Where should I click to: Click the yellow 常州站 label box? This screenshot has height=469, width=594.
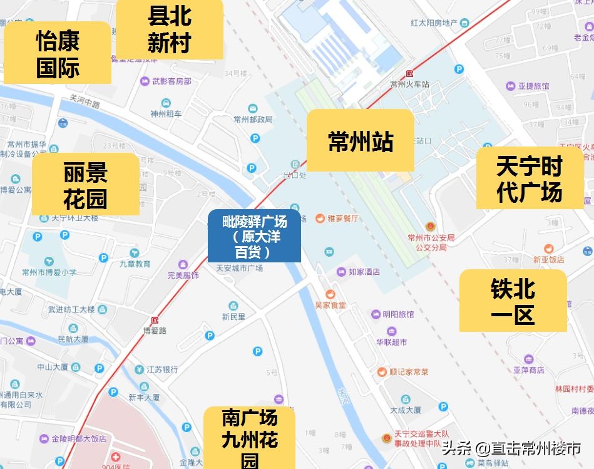(x=360, y=141)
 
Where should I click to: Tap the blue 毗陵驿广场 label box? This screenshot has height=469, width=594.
(x=254, y=237)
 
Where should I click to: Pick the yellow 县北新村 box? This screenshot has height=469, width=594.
(x=170, y=29)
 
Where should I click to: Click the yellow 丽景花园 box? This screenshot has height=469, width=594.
(x=85, y=185)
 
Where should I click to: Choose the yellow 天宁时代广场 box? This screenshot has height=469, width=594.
(x=530, y=178)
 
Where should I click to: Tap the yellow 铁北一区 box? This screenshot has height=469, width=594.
(x=513, y=301)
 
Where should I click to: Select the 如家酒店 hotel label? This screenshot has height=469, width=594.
(x=364, y=272)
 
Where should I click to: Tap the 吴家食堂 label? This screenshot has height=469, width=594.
(x=330, y=305)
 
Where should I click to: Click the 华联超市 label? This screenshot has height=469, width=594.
(x=391, y=342)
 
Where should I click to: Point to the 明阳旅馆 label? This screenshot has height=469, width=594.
(x=397, y=314)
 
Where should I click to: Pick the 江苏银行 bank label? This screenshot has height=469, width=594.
(x=162, y=369)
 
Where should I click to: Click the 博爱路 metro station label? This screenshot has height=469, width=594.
(x=155, y=331)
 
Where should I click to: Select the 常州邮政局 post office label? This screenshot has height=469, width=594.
(x=253, y=119)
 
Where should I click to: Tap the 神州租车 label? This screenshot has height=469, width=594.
(x=166, y=114)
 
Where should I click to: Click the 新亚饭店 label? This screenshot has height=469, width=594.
(x=548, y=259)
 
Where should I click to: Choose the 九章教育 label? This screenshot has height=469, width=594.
(x=135, y=264)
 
